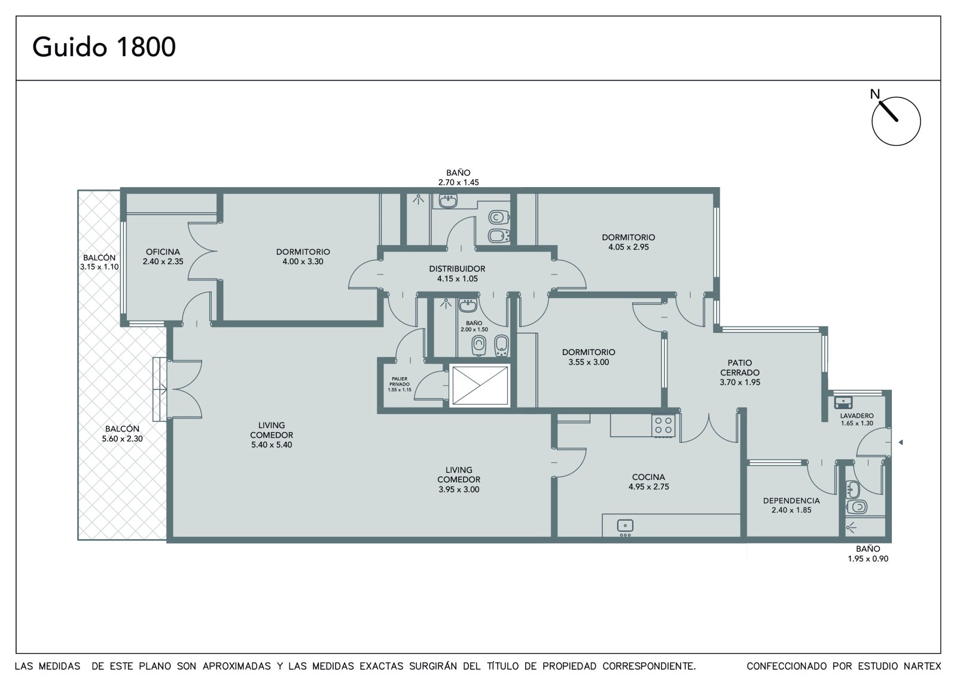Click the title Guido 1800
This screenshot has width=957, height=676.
pos(104,47)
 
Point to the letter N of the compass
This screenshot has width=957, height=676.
pos(875,94)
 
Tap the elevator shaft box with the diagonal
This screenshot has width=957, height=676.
pos(480,386)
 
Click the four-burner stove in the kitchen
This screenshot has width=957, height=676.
pos(663,426)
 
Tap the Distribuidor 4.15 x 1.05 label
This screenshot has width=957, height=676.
pos(457,274)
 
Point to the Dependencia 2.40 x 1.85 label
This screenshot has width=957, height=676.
pos(791,505)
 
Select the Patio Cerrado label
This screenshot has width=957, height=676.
pos(740,372)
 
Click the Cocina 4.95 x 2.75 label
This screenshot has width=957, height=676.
pos(648,482)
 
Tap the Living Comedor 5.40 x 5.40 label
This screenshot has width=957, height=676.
pos(272,435)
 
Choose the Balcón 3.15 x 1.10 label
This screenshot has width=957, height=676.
pos(99,262)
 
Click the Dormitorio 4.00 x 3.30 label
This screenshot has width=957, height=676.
pos(303,256)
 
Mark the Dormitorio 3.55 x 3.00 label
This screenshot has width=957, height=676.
pos(589,357)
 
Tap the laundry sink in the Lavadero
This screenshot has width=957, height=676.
pos(843,403)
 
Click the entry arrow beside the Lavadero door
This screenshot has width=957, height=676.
pos(901,442)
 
